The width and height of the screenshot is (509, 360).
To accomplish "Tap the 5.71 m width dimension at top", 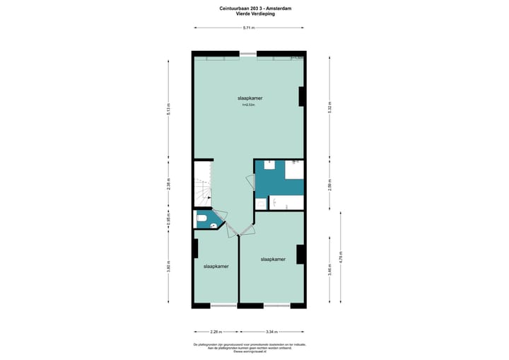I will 249,28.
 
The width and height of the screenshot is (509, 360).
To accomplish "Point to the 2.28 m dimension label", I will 216,331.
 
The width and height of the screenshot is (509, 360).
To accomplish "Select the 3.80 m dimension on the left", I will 169,269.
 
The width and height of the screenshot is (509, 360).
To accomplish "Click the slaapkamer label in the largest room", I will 250,98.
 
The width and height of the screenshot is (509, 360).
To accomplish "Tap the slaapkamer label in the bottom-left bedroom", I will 216,267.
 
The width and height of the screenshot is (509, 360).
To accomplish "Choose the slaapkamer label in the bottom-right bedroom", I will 273,260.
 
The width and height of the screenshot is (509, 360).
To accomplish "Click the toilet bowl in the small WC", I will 202,219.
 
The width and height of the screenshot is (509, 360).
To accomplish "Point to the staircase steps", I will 203,187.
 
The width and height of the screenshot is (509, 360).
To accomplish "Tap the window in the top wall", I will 248,54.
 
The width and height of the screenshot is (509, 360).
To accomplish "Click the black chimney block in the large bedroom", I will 302,96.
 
